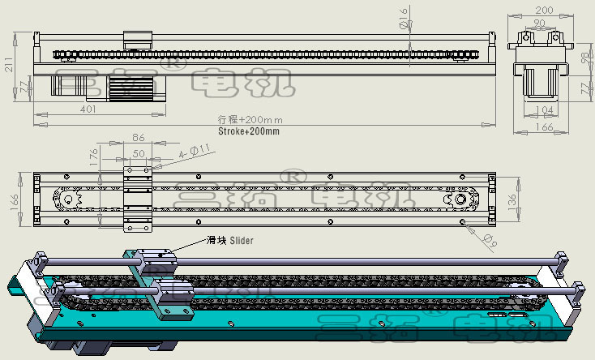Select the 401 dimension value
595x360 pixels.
pos(88,108)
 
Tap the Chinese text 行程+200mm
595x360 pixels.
pos(248,120)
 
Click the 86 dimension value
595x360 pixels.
pos(139,138)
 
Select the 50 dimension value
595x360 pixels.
pos(139,152)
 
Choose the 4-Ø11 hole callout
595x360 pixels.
pos(195,150)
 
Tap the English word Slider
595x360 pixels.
pos(242,240)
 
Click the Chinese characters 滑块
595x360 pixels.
pos(216,240)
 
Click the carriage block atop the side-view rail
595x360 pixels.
pos(138,39)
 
